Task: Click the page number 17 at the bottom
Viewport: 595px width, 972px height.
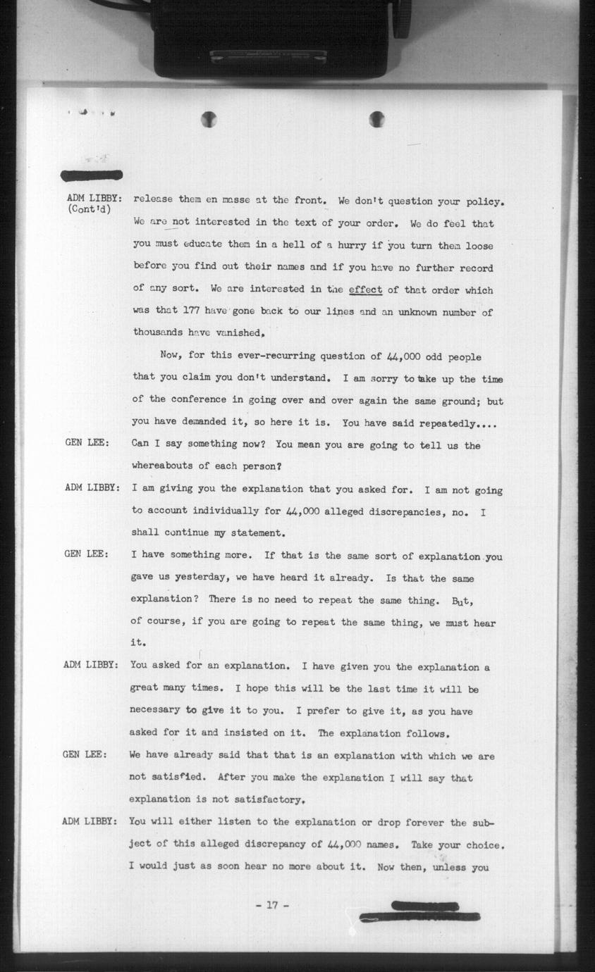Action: (272, 906)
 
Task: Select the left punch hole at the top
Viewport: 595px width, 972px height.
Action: (209, 120)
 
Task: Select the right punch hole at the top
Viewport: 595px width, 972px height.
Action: (376, 119)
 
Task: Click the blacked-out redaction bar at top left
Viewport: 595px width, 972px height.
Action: (92, 175)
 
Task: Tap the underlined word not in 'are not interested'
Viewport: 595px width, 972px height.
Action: (181, 222)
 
